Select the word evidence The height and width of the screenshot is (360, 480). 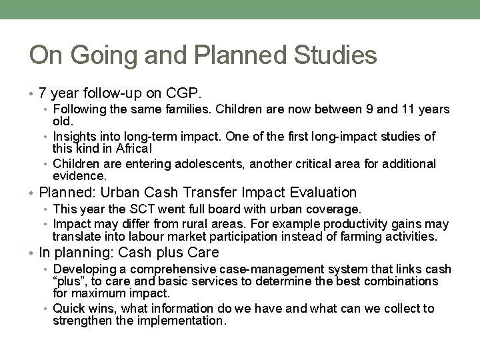tap(79, 175)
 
